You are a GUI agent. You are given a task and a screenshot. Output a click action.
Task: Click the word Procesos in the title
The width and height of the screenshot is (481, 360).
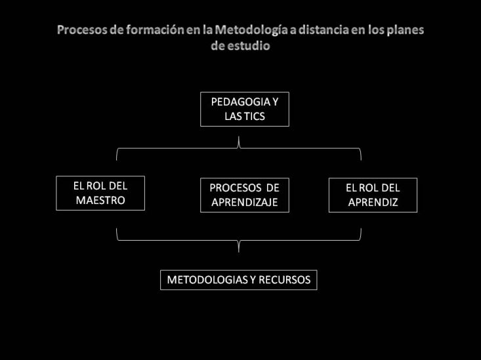[x=82, y=30]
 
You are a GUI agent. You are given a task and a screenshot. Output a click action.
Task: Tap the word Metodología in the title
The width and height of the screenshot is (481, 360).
[x=251, y=30]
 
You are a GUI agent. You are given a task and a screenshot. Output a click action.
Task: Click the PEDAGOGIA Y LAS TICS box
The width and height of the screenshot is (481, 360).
[x=245, y=109]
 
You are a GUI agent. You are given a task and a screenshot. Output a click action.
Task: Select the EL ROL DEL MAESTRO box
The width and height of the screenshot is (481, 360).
[x=100, y=193]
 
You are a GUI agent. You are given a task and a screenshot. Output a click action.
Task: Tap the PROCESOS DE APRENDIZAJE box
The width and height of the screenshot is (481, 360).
[x=245, y=195]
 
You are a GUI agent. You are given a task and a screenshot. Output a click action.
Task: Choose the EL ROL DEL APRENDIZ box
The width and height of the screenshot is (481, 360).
[x=373, y=195]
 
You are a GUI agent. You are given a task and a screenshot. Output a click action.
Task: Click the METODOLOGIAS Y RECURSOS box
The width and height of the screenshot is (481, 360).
[x=239, y=280]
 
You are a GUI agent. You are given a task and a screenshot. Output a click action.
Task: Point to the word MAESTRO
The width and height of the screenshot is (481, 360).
[x=100, y=201]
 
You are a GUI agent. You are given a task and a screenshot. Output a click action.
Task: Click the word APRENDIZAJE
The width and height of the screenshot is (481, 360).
[x=245, y=203]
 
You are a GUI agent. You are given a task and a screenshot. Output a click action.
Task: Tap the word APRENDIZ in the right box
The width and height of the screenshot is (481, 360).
[x=373, y=203]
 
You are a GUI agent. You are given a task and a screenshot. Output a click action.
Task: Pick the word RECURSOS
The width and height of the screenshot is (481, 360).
[x=284, y=280]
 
